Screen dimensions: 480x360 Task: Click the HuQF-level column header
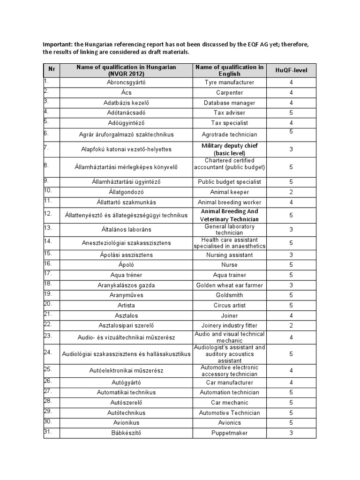tap(291, 70)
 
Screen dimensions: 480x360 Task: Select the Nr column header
tap(52, 69)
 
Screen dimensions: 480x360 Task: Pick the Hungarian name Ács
tap(126, 93)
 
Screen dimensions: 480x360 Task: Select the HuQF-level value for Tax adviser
tap(291, 112)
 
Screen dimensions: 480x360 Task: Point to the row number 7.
tap(46, 147)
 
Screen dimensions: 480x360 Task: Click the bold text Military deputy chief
tap(229, 146)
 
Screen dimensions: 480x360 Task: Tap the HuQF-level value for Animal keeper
tap(291, 192)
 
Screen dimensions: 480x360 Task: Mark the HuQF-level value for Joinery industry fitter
tap(291, 325)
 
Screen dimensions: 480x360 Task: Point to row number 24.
tap(47, 352)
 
